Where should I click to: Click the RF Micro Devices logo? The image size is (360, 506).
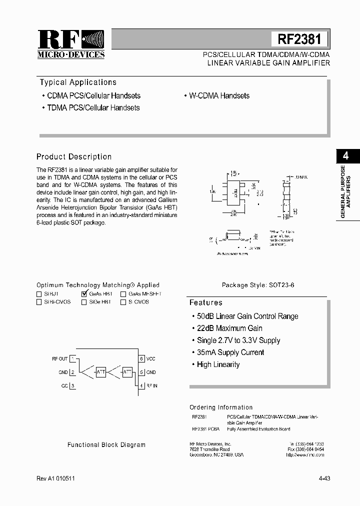(x=71, y=44)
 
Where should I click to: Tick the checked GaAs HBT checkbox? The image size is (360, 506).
(x=84, y=294)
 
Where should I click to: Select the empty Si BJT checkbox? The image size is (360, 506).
(x=39, y=294)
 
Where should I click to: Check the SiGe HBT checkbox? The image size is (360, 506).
(x=84, y=302)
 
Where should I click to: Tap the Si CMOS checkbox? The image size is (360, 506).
(x=123, y=302)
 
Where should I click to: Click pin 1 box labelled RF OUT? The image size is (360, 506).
(x=72, y=358)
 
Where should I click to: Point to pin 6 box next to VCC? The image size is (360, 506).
(x=141, y=358)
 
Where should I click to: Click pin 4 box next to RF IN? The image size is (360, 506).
(x=141, y=385)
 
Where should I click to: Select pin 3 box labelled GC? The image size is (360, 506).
(x=72, y=385)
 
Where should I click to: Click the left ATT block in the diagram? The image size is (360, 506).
(x=100, y=372)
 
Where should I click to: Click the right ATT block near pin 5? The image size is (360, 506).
(x=127, y=372)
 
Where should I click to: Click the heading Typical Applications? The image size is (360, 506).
(x=78, y=82)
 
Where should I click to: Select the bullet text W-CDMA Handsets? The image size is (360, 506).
(x=219, y=95)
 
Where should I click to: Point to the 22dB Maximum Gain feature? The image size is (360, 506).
(x=229, y=328)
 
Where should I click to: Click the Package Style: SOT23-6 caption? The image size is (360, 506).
(x=258, y=285)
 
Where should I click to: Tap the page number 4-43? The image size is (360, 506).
(x=324, y=478)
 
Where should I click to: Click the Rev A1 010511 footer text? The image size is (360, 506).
(x=56, y=478)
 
